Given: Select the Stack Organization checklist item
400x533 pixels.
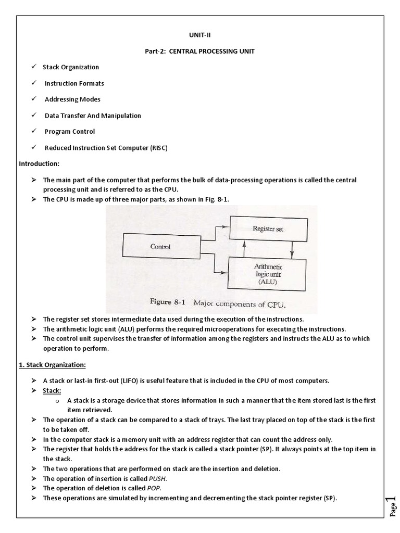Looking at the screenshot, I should click(71, 67).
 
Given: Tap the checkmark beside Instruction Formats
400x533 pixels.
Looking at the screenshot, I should click(33, 83).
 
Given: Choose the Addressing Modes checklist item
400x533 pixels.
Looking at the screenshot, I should click(72, 99).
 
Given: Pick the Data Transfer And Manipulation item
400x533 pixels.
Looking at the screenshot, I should click(93, 116).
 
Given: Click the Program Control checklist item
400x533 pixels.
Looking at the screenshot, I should click(70, 132).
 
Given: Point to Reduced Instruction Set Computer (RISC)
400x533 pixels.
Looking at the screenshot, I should click(106, 148).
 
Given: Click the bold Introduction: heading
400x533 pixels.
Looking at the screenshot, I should click(40, 163).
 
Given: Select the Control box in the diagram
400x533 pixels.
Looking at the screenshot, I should click(160, 246).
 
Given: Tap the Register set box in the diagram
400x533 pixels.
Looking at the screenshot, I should click(268, 229).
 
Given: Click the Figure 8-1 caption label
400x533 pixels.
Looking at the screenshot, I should click(168, 302).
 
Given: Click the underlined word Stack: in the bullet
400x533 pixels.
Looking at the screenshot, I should click(52, 390).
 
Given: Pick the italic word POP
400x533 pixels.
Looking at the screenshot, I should click(154, 488).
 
